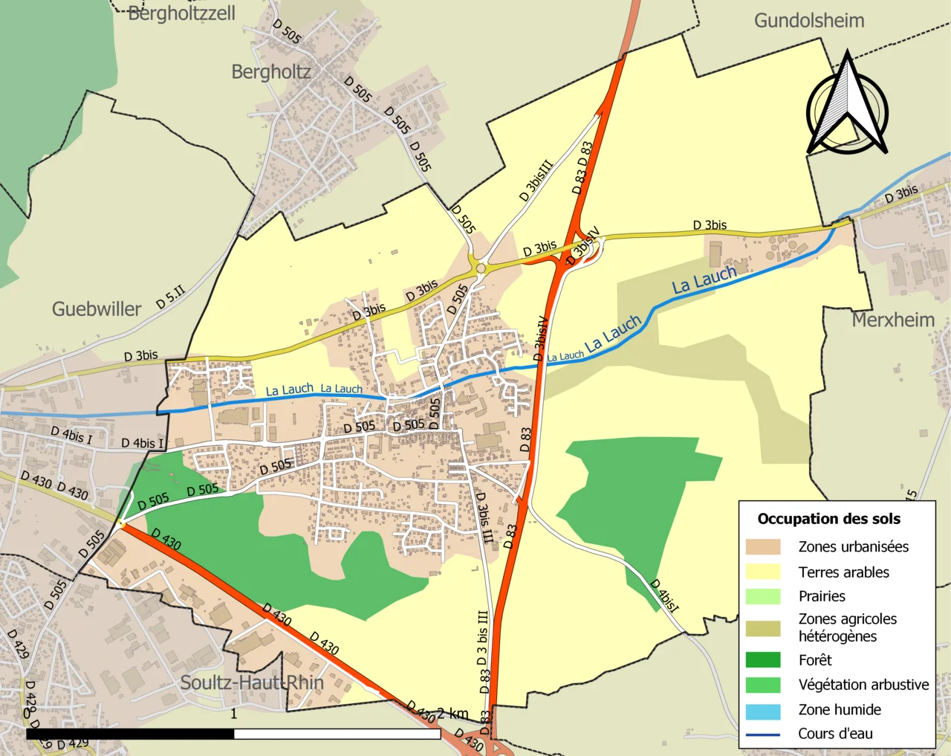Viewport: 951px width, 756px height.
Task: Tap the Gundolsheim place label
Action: pyautogui.click(x=809, y=21)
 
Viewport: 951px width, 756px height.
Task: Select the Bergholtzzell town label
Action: pyautogui.click(x=181, y=13)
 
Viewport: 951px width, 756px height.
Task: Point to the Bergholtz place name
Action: pyautogui.click(x=270, y=72)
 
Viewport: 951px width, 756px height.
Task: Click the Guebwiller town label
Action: pyautogui.click(x=97, y=309)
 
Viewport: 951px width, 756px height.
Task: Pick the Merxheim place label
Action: pyautogui.click(x=893, y=320)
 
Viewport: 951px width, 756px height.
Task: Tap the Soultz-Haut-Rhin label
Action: pyautogui.click(x=252, y=682)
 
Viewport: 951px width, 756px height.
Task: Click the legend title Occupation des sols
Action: pyautogui.click(x=828, y=519)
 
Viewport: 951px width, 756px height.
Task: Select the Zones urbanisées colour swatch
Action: pyautogui.click(x=763, y=547)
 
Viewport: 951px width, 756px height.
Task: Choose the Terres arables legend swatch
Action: pyautogui.click(x=763, y=572)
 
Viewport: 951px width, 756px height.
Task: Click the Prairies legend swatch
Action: pyautogui.click(x=763, y=596)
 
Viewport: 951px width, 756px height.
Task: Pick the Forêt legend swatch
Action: pyautogui.click(x=763, y=660)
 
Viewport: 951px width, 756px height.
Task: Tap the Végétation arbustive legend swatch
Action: pyautogui.click(x=763, y=685)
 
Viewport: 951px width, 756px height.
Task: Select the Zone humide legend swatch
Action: pyautogui.click(x=763, y=711)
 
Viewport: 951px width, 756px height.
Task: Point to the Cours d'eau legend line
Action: pyautogui.click(x=763, y=734)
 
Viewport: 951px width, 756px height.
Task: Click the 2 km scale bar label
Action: pyautogui.click(x=452, y=714)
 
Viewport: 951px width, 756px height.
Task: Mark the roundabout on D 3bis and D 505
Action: pyautogui.click(x=481, y=268)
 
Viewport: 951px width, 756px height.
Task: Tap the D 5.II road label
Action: pyautogui.click(x=170, y=297)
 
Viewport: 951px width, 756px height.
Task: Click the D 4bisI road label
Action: pyautogui.click(x=665, y=595)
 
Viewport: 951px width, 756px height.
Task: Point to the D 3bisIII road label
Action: pyautogui.click(x=536, y=181)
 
